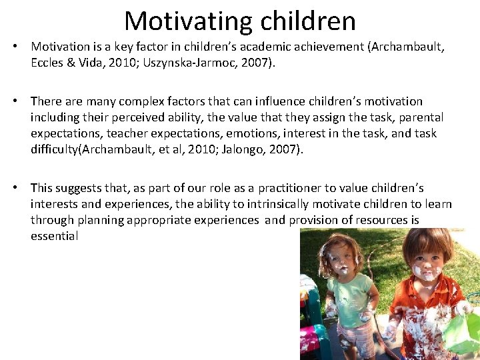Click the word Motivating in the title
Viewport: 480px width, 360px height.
[179, 21]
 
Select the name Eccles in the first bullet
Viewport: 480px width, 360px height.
[47, 63]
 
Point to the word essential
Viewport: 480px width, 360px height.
[54, 236]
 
